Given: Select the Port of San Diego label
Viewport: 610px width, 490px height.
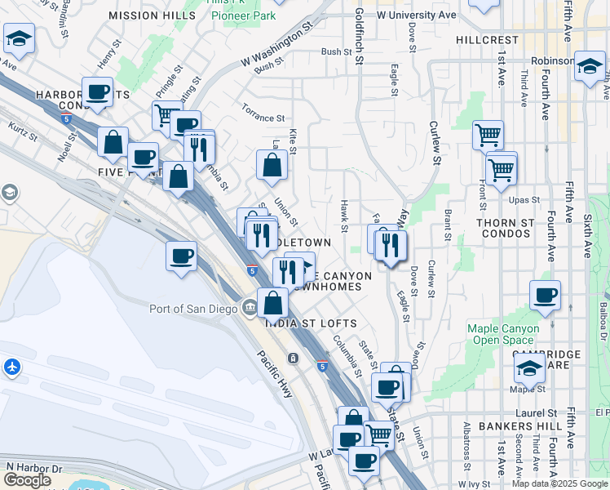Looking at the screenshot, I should click(194, 308).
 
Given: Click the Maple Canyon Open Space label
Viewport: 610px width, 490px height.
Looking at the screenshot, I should click(503, 334).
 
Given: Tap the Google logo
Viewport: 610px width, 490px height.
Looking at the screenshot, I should click(27, 479).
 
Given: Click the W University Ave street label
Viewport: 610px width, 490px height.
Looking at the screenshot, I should click(417, 16).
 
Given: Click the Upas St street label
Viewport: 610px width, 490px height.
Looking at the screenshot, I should click(524, 200).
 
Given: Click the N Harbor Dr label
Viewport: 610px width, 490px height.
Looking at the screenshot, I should click(33, 467).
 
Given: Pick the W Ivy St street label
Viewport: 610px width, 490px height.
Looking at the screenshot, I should click(467, 484).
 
